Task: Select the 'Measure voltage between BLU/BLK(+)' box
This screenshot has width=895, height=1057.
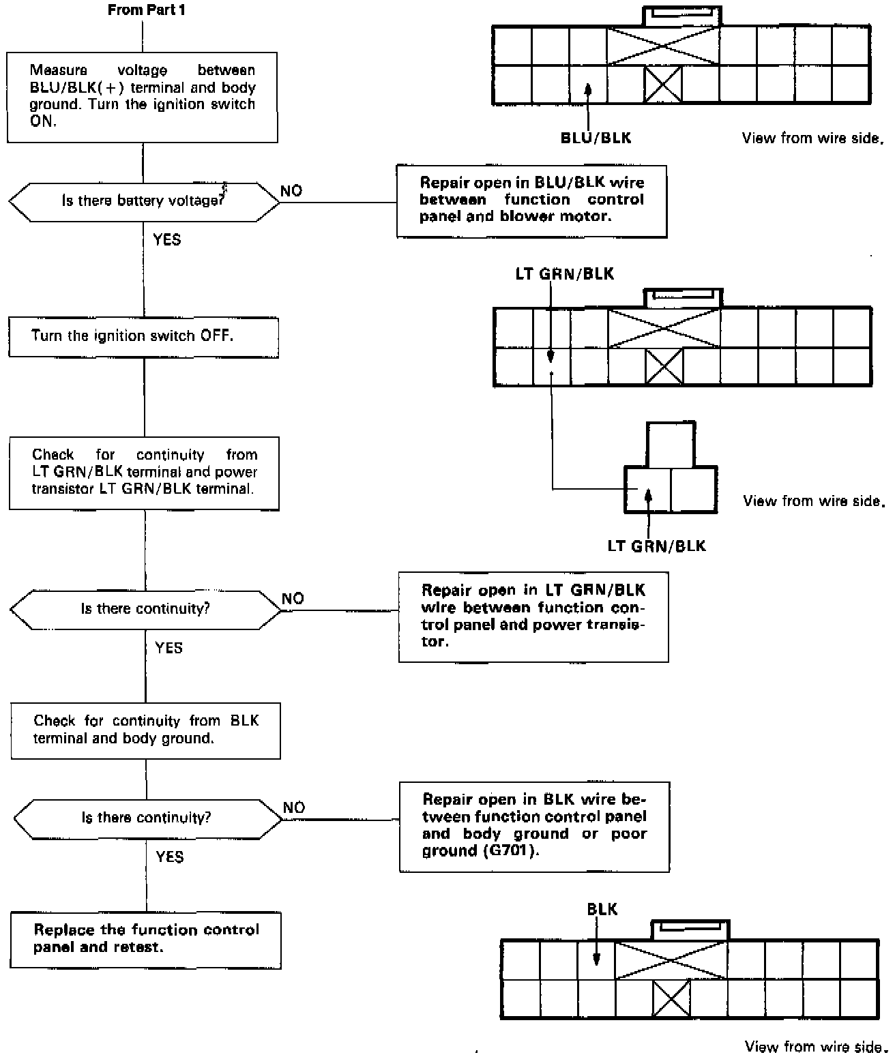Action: (143, 97)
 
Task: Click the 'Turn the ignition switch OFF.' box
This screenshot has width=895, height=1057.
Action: (143, 336)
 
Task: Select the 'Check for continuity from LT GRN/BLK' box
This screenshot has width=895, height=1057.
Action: (144, 472)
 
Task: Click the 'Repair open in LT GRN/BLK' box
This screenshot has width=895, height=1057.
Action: (533, 616)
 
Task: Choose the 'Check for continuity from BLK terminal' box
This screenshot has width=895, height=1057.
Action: (145, 730)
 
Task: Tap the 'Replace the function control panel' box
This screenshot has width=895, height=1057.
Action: (146, 938)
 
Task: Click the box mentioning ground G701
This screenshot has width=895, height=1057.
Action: (534, 825)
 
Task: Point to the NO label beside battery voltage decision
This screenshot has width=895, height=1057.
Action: (291, 191)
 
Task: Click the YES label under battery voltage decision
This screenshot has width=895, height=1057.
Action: (167, 239)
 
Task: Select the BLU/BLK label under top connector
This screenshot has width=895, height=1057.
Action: (596, 138)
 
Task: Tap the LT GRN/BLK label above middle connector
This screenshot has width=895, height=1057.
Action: (564, 274)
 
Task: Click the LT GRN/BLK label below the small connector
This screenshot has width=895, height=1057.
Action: (656, 546)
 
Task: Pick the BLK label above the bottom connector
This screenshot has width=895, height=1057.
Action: (602, 909)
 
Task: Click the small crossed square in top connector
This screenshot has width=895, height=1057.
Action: (663, 85)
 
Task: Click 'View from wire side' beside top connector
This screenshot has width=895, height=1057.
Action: (812, 138)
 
